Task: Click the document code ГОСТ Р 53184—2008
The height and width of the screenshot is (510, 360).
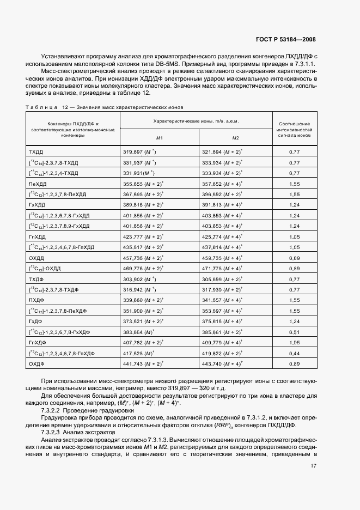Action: (285, 39)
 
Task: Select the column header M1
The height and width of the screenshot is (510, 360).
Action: (159, 138)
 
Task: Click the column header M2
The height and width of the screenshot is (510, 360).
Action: (236, 138)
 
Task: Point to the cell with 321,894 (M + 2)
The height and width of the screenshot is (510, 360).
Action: (222, 153)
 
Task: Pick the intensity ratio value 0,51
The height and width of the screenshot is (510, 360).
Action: (295, 332)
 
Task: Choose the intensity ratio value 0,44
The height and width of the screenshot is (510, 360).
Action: (295, 353)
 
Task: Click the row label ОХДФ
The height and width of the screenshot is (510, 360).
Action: (36, 363)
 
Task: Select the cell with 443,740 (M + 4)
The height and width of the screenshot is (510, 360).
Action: (222, 363)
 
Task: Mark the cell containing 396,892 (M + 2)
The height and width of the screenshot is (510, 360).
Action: (222, 194)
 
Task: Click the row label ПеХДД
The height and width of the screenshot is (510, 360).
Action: (37, 185)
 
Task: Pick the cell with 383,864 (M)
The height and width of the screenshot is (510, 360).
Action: (141, 332)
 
